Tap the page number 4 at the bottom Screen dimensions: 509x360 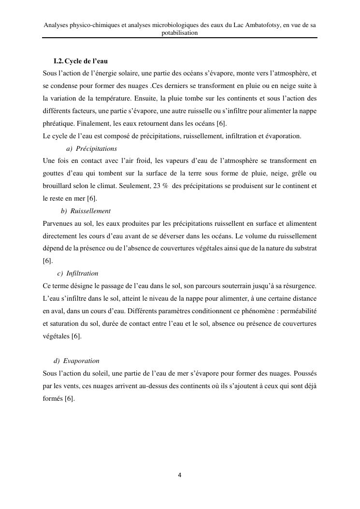(180, 475)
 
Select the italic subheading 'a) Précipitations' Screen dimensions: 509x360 (91, 149)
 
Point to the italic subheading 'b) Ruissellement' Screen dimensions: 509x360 (86, 211)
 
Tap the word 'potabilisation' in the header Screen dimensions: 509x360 (180, 33)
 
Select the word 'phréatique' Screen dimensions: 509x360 (58, 124)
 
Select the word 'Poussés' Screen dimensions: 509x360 (304, 374)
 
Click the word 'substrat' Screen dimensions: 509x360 (304, 249)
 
